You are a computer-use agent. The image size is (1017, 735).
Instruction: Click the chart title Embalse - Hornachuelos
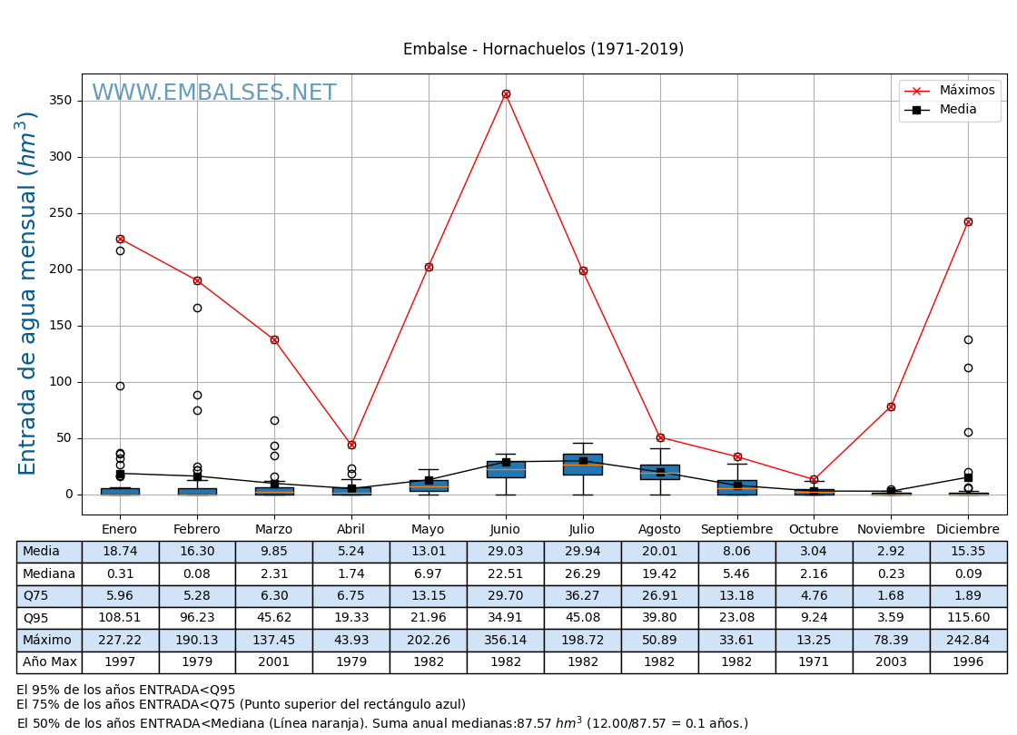pyautogui.click(x=543, y=50)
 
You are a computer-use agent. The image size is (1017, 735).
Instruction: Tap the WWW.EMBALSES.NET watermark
pyautogui.click(x=214, y=93)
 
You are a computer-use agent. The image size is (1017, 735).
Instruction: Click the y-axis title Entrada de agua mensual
pyautogui.click(x=28, y=292)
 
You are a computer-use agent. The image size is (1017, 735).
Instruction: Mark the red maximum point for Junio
pyautogui.click(x=506, y=93)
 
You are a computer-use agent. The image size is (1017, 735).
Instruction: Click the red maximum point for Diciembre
pyautogui.click(x=968, y=221)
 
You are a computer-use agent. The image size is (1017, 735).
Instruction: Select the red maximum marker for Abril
pyautogui.click(x=351, y=445)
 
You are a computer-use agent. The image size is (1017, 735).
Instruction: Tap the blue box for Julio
pyautogui.click(x=582, y=465)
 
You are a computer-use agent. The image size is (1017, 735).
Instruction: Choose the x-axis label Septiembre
pyautogui.click(x=736, y=530)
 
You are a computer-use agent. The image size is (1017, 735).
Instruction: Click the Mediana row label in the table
pyautogui.click(x=49, y=574)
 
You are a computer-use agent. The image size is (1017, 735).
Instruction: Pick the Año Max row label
pyautogui.click(x=49, y=662)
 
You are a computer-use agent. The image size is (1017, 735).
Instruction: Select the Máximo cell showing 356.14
pyautogui.click(x=505, y=641)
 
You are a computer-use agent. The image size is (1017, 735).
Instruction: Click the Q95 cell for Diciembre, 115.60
pyautogui.click(x=968, y=618)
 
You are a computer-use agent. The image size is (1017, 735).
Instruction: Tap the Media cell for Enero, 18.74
pyautogui.click(x=120, y=552)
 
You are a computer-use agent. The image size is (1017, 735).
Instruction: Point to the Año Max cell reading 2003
pyautogui.click(x=891, y=662)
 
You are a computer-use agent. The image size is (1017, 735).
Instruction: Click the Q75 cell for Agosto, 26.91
pyautogui.click(x=659, y=596)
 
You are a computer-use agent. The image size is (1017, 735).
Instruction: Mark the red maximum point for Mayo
pyautogui.click(x=429, y=267)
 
